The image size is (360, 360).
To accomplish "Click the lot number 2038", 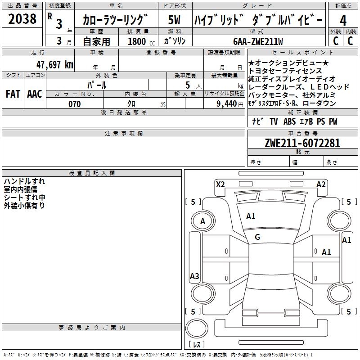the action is click(22, 19).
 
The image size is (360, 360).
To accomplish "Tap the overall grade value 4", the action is click(343, 20).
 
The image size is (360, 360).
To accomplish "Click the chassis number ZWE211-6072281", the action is click(302, 144).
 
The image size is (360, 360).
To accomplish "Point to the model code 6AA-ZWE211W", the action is click(258, 41).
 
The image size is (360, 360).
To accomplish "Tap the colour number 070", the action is click(75, 104).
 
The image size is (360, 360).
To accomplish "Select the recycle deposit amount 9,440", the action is click(227, 104).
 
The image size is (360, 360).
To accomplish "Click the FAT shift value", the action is click(13, 94).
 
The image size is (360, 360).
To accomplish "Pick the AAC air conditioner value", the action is click(35, 94).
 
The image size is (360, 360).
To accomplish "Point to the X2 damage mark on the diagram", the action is click(220, 184).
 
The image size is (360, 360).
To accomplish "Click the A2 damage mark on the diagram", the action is click(321, 184).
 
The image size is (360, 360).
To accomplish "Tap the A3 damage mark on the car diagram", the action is click(194, 276).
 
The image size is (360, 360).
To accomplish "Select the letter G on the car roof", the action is click(257, 237).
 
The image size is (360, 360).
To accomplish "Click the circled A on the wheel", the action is click(202, 221).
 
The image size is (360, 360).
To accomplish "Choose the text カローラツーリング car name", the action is click(115, 20).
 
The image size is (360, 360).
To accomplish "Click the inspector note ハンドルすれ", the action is click(24, 181).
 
